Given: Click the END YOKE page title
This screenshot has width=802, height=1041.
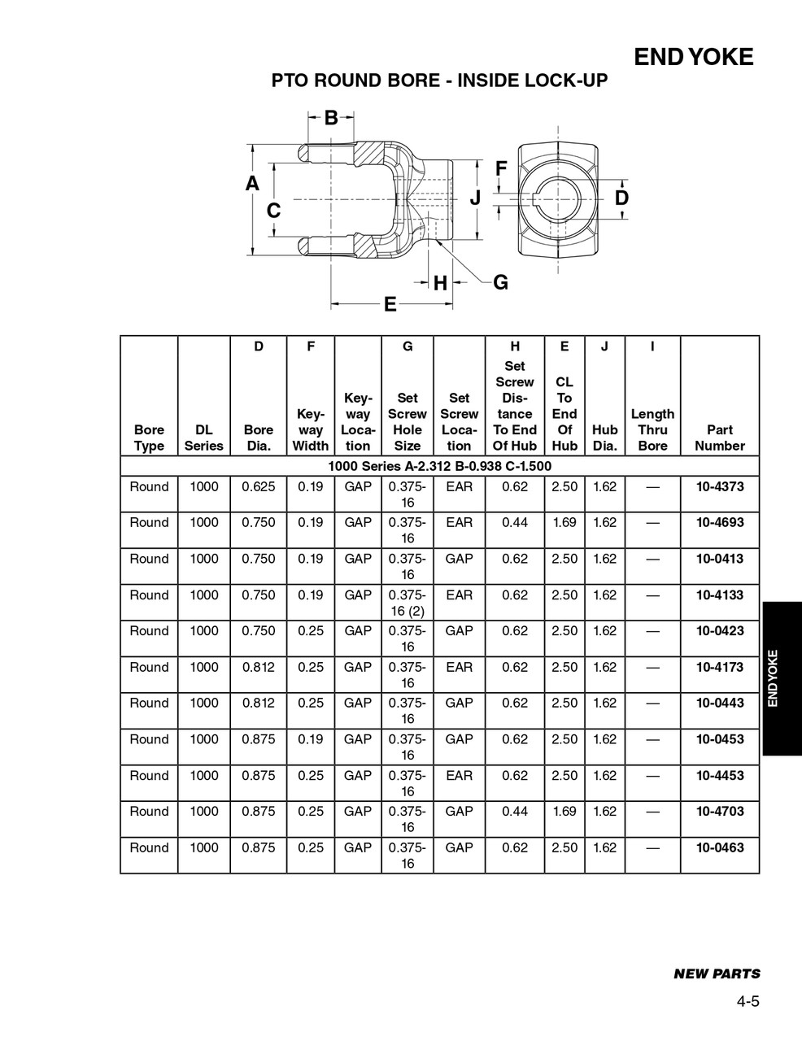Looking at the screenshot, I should (693, 57).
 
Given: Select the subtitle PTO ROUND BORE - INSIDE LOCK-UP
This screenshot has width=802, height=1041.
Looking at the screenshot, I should (439, 81).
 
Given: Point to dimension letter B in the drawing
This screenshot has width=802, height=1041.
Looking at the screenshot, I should (331, 118).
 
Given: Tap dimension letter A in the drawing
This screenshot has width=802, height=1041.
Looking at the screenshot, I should (252, 184).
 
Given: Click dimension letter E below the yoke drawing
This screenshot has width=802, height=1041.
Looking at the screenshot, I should (390, 305).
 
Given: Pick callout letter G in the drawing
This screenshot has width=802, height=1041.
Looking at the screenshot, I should (500, 282).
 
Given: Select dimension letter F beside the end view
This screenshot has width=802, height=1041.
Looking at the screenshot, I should (501, 169).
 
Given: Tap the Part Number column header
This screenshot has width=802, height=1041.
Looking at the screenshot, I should (719, 438).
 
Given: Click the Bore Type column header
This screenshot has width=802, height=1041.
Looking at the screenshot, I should (149, 438).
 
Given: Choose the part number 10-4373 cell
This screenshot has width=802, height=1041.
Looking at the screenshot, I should (719, 487).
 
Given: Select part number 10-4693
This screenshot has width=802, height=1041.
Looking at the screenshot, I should (719, 523).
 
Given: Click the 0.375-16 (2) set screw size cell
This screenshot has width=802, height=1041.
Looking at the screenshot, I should (407, 603).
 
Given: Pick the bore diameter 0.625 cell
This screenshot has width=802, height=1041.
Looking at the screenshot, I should (258, 487).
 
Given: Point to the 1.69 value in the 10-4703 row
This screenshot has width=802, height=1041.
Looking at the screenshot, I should (564, 812).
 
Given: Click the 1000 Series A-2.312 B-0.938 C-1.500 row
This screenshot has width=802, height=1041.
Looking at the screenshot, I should (439, 466).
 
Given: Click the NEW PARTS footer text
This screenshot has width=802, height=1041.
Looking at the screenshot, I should (717, 973).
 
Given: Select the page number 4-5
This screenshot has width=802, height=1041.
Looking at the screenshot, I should (748, 1002).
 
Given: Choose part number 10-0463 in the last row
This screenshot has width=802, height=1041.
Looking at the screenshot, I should (719, 847).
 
